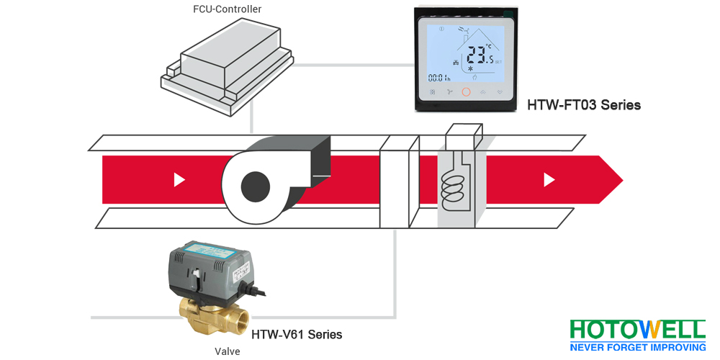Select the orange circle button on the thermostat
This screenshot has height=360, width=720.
click(x=465, y=92)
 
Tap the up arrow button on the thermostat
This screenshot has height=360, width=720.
click(x=482, y=92)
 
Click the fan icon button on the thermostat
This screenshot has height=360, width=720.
click(x=449, y=92)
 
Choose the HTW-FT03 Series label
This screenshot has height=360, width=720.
click(x=584, y=105)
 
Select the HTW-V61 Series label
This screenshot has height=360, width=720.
click(x=297, y=335)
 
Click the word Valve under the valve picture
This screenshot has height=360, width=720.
click(x=227, y=351)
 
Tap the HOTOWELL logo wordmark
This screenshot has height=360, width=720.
click(x=637, y=330)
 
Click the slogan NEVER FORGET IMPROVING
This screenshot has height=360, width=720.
click(x=637, y=348)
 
